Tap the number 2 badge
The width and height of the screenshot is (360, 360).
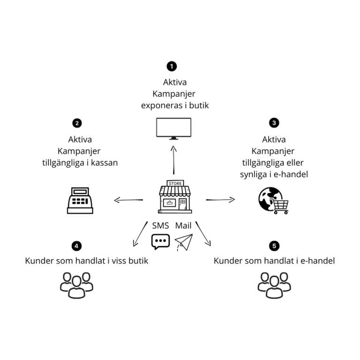pyautogui.click(x=77, y=123)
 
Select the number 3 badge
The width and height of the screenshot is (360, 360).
pyautogui.click(x=274, y=123)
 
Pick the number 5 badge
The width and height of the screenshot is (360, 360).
pyautogui.click(x=274, y=246)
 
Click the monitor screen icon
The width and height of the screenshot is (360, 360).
pyautogui.click(x=173, y=128)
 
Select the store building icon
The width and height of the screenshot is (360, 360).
pyautogui.click(x=175, y=197)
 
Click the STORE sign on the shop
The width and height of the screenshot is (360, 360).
pyautogui.click(x=175, y=183)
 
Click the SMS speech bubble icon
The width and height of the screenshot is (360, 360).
pyautogui.click(x=160, y=241)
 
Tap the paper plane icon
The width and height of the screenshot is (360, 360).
pyautogui.click(x=183, y=242)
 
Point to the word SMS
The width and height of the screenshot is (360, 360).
pyautogui.click(x=160, y=225)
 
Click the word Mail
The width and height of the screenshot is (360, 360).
pyautogui.click(x=183, y=225)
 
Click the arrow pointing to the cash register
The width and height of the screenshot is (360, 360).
pyautogui.click(x=128, y=201)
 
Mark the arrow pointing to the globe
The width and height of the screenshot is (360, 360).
pyautogui.click(x=220, y=200)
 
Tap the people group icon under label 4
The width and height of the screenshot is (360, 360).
pyautogui.click(x=76, y=284)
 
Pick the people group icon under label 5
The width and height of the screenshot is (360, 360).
pyautogui.click(x=274, y=284)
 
